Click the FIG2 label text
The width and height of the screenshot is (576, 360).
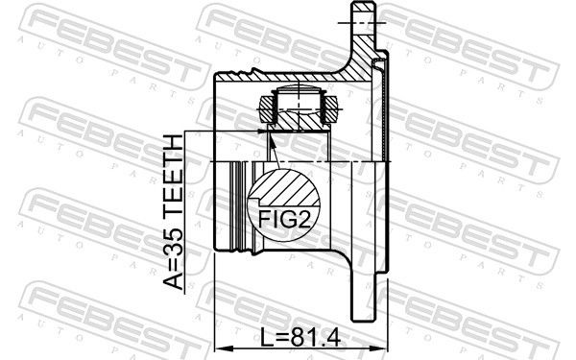pos(284,219)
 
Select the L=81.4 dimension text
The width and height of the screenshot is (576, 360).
pos(300,337)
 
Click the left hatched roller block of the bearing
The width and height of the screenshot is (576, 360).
pos(267,109)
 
